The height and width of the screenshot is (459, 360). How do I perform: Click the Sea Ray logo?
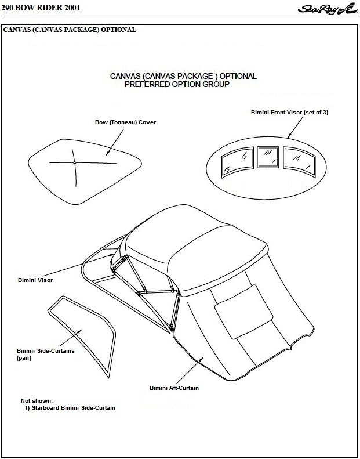(328, 9)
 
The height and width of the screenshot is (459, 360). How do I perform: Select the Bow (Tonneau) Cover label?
(125, 122)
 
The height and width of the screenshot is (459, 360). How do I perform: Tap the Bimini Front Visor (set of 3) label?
(289, 112)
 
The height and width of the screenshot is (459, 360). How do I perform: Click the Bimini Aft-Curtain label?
(173, 388)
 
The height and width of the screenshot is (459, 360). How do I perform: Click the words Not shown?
(37, 400)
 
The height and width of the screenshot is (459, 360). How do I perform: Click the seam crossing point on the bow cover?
(75, 163)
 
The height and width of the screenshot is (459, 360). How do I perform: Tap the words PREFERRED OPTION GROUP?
(177, 84)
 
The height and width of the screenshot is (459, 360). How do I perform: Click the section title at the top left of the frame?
(70, 30)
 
